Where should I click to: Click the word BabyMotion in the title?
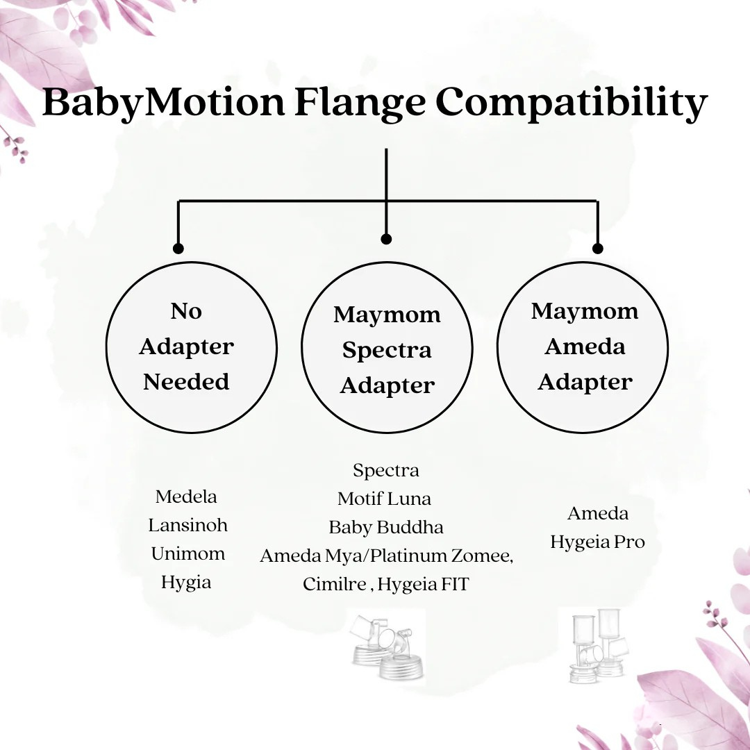click(x=163, y=103)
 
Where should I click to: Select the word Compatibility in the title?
click(x=571, y=103)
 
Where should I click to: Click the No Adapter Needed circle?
click(x=191, y=347)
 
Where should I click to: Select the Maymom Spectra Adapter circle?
click(x=387, y=347)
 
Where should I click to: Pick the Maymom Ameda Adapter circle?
click(x=583, y=347)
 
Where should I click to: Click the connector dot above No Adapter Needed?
click(x=178, y=248)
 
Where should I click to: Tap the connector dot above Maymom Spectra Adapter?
click(x=387, y=239)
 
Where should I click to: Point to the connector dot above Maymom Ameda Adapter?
click(x=597, y=248)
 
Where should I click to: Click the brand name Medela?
click(x=186, y=497)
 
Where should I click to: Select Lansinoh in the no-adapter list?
click(x=187, y=525)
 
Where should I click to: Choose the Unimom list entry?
click(x=188, y=553)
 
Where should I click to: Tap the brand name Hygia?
click(x=186, y=582)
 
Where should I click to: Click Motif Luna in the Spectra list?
click(x=384, y=499)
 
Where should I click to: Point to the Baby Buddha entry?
click(x=386, y=527)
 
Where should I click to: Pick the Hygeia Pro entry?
click(x=597, y=542)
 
